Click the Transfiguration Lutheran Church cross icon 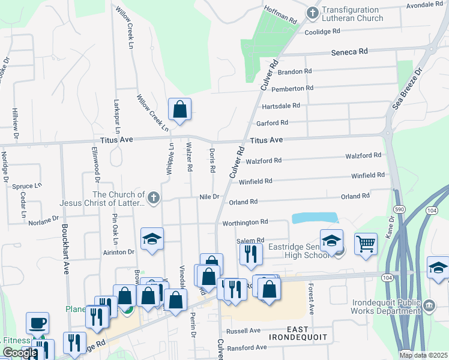pyautogui.click(x=312, y=13)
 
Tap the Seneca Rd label pyautogui.click(x=349, y=52)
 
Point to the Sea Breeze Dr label pyautogui.click(x=408, y=88)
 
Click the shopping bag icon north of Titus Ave pyautogui.click(x=179, y=109)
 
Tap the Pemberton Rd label pyautogui.click(x=292, y=88)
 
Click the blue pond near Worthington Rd pyautogui.click(x=314, y=218)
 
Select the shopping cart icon pyautogui.click(x=366, y=244)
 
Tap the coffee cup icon pyautogui.click(x=37, y=323)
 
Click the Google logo pyautogui.click(x=20, y=353)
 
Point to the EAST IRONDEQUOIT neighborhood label pyautogui.click(x=306, y=335)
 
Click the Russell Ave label pyautogui.click(x=246, y=331)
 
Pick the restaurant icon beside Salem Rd pyautogui.click(x=251, y=253)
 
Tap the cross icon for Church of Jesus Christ pyautogui.click(x=154, y=197)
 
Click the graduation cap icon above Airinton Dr pyautogui.click(x=152, y=239)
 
